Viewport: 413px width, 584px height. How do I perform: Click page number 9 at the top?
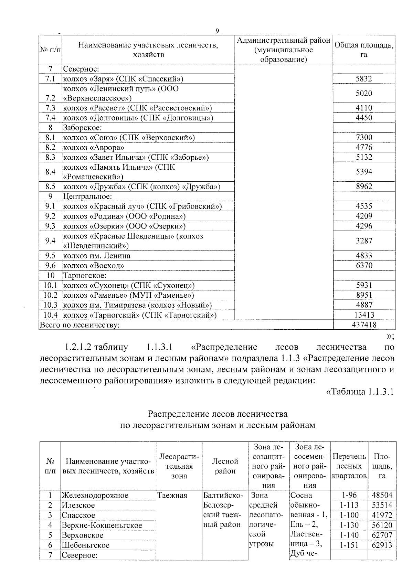coord(217,31)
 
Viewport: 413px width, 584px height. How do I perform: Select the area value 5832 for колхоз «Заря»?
coord(364,79)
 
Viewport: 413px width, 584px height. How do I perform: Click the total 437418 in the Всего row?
coord(364,325)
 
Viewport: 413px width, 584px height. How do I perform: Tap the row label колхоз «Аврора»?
coord(93,148)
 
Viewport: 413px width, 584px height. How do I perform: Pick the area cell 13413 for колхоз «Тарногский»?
coord(364,315)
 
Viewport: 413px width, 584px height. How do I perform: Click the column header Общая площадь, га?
coord(364,50)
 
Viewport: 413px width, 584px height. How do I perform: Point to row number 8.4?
coord(50,172)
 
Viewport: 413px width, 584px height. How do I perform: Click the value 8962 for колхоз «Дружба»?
coord(364,187)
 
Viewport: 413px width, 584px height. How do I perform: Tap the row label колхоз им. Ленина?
coord(97,256)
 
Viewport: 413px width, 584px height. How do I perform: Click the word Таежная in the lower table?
coord(172,496)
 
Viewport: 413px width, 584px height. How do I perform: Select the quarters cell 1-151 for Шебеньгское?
coord(349,545)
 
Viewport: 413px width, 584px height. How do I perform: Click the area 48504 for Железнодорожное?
coord(382,496)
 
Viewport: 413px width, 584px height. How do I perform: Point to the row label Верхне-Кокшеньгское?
coord(102,525)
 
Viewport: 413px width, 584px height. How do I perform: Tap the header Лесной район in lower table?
coord(225,466)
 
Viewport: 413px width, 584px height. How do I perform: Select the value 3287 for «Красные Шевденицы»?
coord(364,241)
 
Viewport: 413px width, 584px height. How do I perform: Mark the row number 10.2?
coord(50,295)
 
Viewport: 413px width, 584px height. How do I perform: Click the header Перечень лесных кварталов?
coord(349,466)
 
